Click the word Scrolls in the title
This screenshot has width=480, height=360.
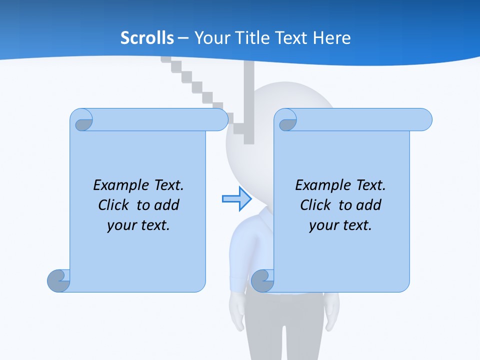point(147,38)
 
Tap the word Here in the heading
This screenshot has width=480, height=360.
point(332,38)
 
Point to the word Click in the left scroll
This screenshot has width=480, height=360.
point(114,205)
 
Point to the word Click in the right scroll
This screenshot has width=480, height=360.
point(315,205)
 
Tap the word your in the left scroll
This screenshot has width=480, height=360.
point(121,225)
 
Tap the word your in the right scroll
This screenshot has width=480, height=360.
point(323,225)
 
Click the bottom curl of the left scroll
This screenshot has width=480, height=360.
point(58,280)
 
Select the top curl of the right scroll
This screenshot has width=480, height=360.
point(286,120)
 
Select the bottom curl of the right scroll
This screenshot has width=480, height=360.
point(262,280)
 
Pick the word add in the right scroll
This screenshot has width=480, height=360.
point(370,205)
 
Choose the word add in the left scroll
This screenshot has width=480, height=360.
point(168,205)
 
